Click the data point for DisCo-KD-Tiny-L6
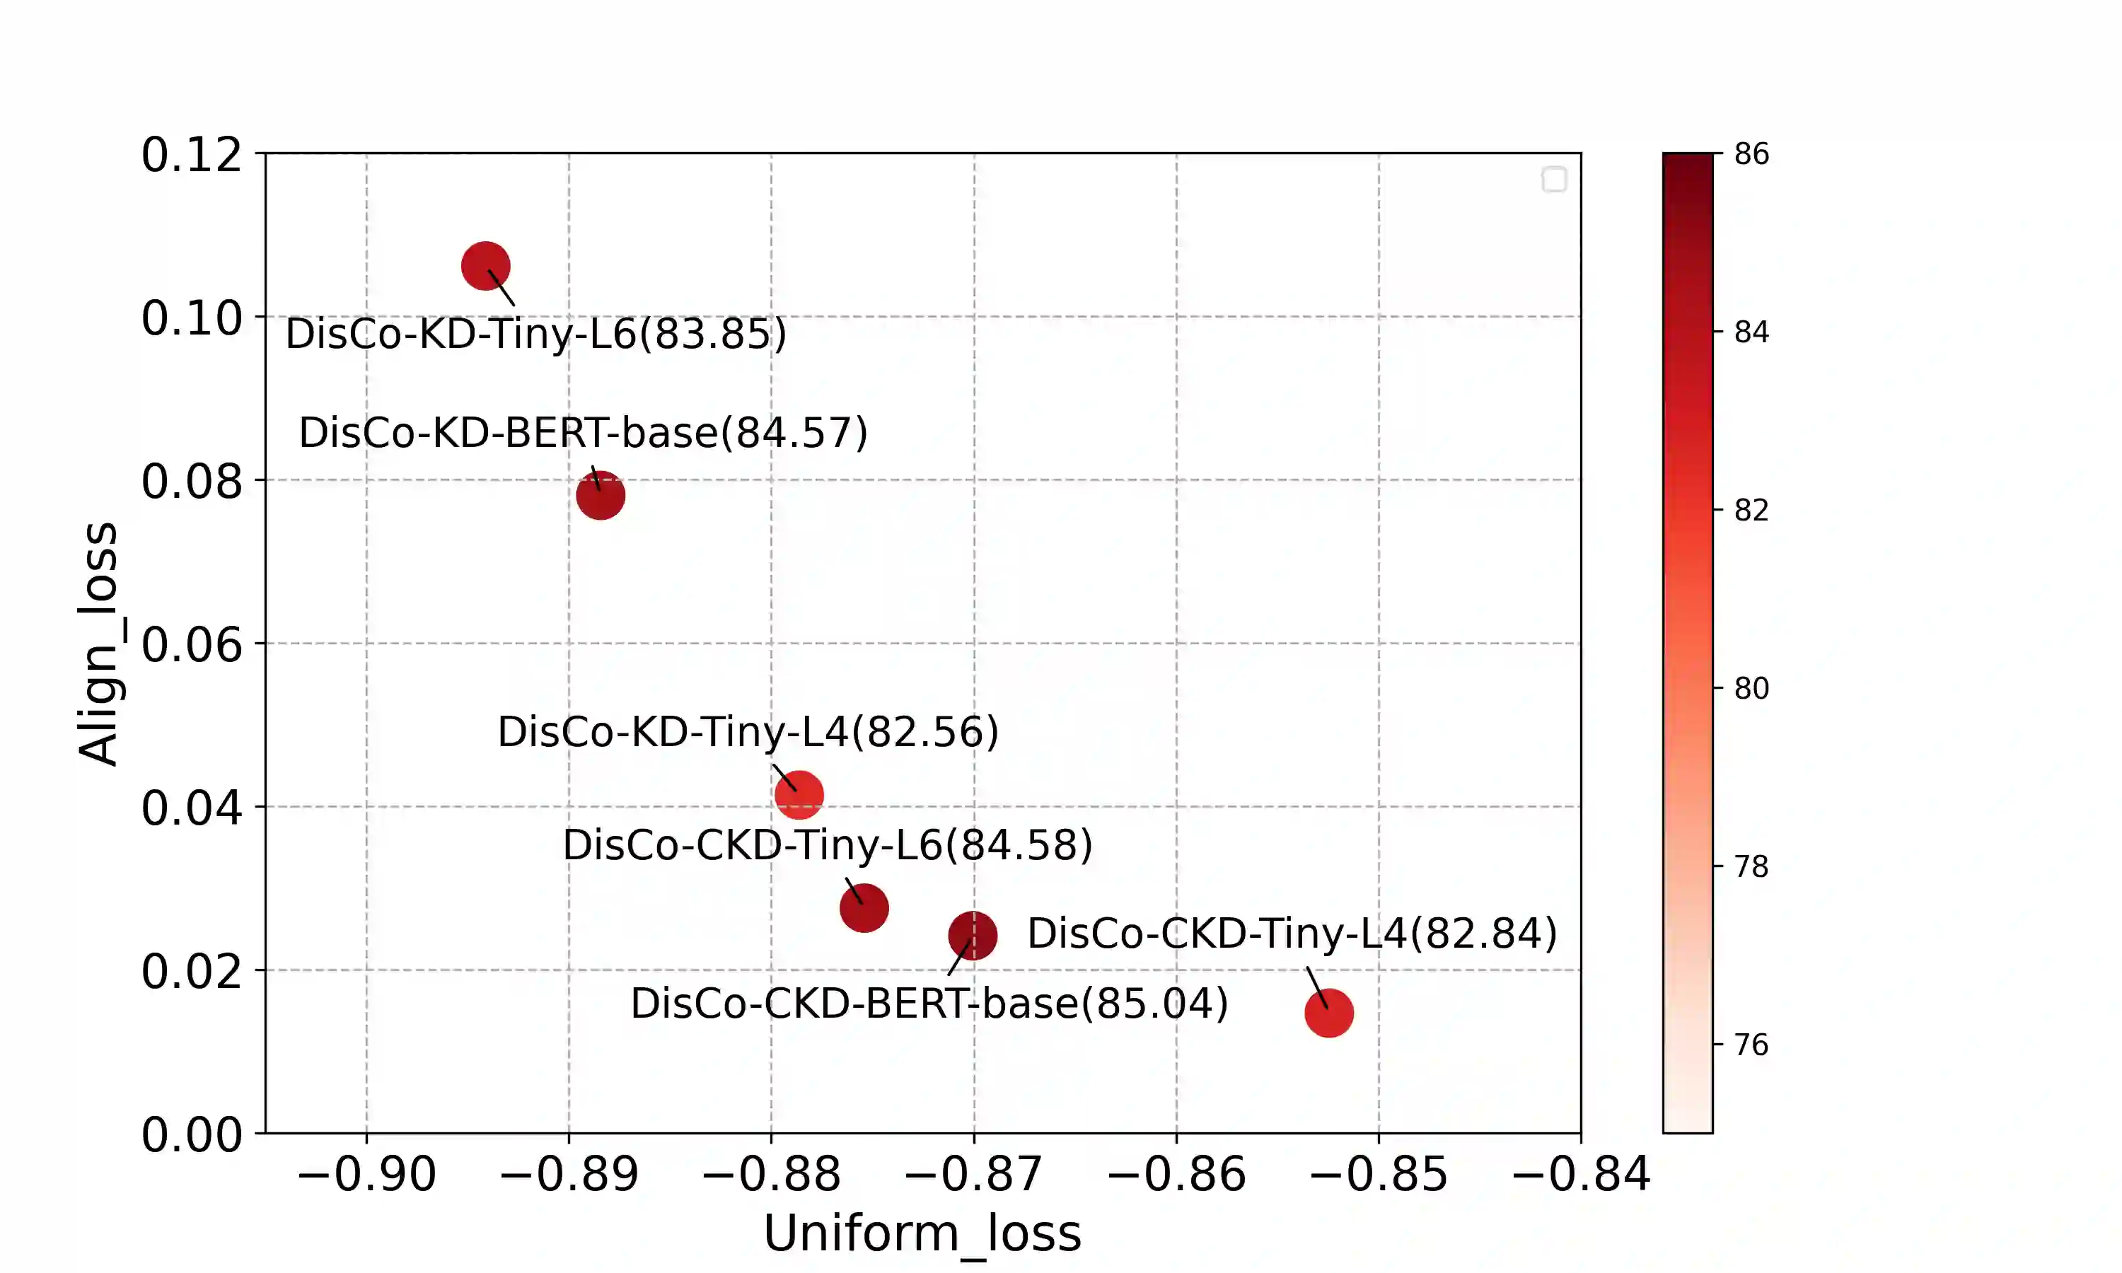[485, 266]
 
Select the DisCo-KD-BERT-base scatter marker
[601, 495]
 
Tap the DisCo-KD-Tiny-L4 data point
[799, 794]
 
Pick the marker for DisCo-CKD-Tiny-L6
[864, 907]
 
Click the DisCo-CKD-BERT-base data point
[973, 936]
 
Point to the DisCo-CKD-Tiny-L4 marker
[1328, 1013]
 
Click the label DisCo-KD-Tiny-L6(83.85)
[536, 334]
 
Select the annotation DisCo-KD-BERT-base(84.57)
[584, 432]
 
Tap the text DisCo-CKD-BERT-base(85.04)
[929, 1004]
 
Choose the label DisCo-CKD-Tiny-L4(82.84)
[1292, 934]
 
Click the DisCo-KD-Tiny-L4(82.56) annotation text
[748, 732]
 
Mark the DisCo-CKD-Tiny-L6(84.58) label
[828, 845]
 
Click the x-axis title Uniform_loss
[922, 1233]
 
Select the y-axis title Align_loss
[98, 644]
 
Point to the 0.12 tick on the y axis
[191, 156]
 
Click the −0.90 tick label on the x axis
[366, 1175]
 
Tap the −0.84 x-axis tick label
[1580, 1175]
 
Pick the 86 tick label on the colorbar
[1751, 154]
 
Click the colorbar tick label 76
[1751, 1045]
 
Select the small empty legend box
[1553, 180]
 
